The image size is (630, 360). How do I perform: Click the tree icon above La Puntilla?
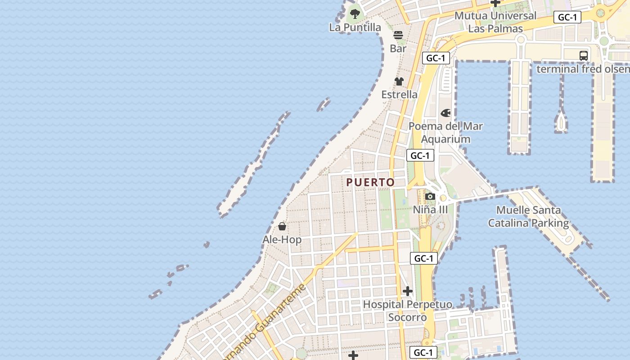(x=355, y=13)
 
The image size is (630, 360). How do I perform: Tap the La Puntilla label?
(x=355, y=27)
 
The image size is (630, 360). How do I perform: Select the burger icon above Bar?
(x=398, y=35)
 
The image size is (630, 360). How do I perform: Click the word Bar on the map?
(x=398, y=49)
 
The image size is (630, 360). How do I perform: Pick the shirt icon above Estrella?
(x=399, y=81)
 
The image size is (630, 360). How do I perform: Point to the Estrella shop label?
(x=399, y=94)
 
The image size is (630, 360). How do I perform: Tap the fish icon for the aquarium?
(x=445, y=113)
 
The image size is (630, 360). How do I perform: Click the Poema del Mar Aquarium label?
(x=445, y=133)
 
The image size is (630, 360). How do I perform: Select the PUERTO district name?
(x=370, y=182)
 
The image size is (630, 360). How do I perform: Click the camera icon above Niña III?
(x=430, y=196)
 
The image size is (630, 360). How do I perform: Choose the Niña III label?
(x=431, y=210)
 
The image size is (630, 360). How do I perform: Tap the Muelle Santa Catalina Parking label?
(x=529, y=216)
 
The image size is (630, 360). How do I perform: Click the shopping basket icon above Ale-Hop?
(x=282, y=226)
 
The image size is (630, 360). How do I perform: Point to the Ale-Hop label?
(x=282, y=240)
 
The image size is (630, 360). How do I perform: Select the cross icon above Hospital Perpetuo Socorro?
(x=408, y=291)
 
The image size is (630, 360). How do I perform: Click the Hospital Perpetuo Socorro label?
(x=408, y=311)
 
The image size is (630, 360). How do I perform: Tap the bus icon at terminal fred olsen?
(x=584, y=56)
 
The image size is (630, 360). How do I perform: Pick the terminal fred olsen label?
(x=583, y=69)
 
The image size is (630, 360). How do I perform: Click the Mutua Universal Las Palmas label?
(x=495, y=22)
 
